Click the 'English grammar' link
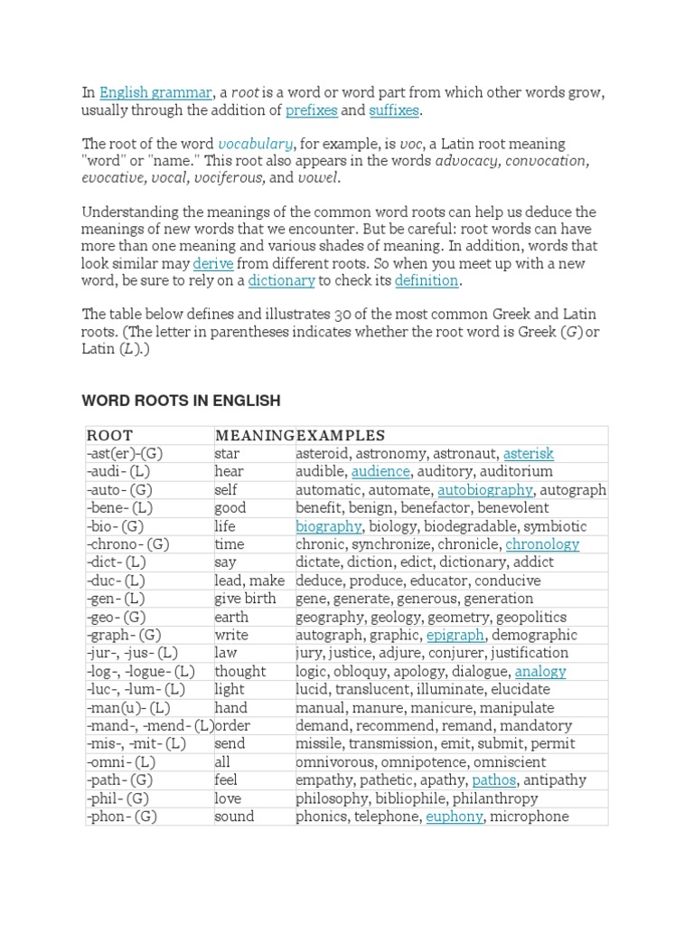tap(155, 93)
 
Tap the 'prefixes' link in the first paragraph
tap(311, 111)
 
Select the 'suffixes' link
tap(394, 111)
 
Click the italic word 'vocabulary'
tap(255, 145)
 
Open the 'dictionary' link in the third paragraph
tap(281, 281)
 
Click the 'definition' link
tap(427, 281)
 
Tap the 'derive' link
tap(213, 264)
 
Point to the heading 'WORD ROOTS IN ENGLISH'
tap(181, 401)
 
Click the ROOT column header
tap(109, 436)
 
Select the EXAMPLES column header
tap(341, 436)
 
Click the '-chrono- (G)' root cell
tap(128, 544)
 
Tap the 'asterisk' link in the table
tap(529, 454)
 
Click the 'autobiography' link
tap(485, 490)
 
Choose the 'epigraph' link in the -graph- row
tap(455, 635)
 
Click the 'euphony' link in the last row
tap(455, 817)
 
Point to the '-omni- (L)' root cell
tap(121, 762)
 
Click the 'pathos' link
tap(494, 780)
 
